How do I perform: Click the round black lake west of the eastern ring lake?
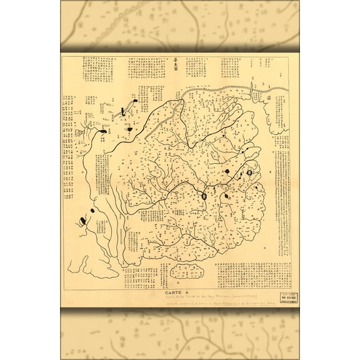228,172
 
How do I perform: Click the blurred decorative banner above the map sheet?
180,25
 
